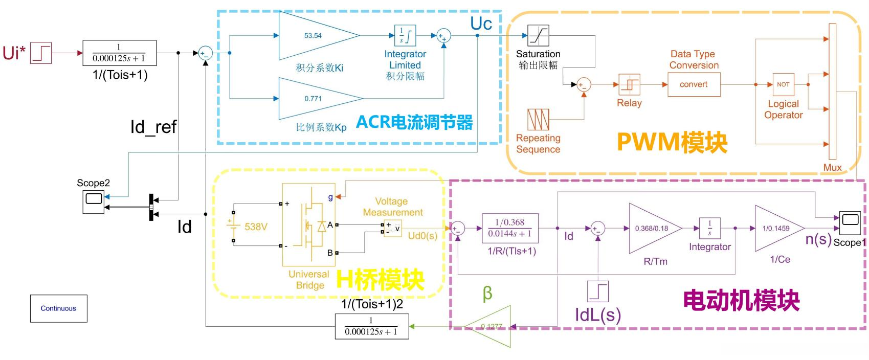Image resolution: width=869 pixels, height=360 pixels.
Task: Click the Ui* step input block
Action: click(x=41, y=53)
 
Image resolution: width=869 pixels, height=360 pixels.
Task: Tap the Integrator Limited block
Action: click(x=405, y=36)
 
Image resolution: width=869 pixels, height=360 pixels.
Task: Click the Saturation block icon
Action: click(x=538, y=36)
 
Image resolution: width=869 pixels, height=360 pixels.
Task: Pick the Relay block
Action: click(x=629, y=84)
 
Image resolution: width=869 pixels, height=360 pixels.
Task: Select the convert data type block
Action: click(x=694, y=84)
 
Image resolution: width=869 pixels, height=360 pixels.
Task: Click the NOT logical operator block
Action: click(x=783, y=84)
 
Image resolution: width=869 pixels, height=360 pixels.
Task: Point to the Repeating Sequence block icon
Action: click(x=538, y=120)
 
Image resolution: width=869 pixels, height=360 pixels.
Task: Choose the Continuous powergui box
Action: click(x=58, y=308)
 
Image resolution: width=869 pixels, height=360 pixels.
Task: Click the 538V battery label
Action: click(x=256, y=227)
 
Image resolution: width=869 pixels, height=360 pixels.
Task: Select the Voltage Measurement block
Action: click(x=392, y=229)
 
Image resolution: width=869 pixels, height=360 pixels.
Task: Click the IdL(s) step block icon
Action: click(x=597, y=291)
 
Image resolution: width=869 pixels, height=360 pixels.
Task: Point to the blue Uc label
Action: click(x=481, y=24)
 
